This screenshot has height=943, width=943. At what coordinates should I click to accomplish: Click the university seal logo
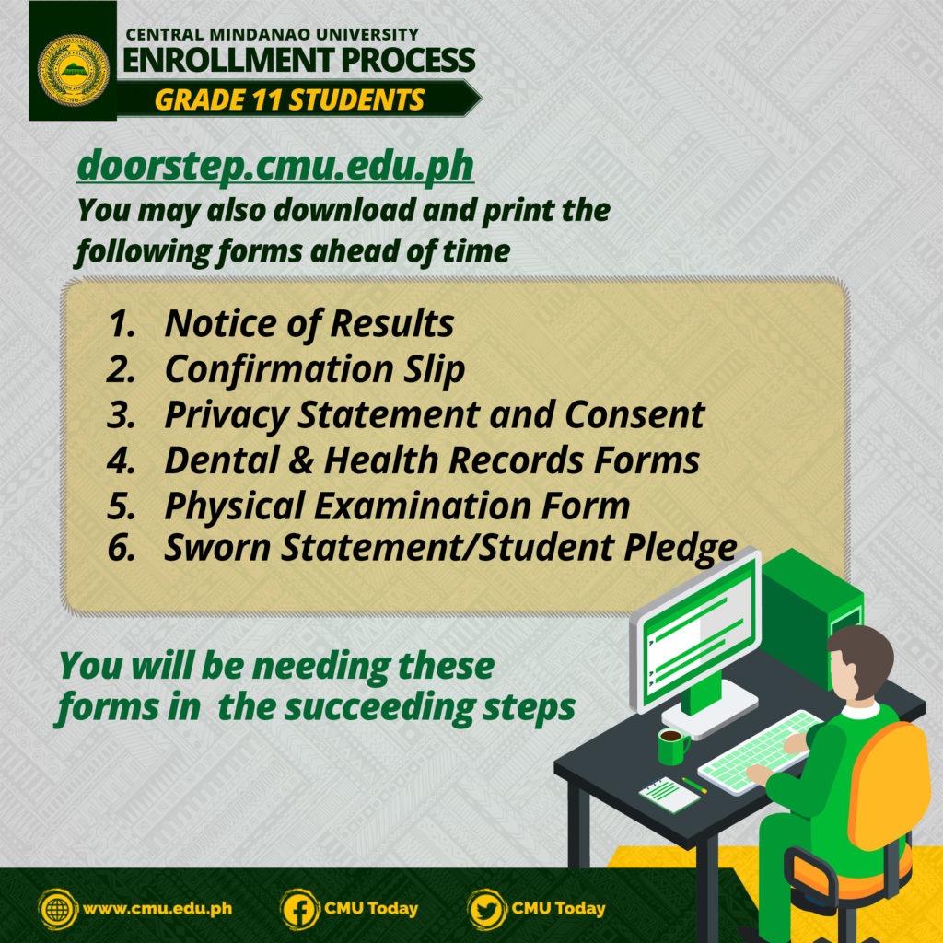point(74,70)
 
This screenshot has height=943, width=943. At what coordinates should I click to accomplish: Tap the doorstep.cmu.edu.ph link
point(275,165)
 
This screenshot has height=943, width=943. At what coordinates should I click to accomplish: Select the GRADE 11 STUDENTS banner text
point(289,99)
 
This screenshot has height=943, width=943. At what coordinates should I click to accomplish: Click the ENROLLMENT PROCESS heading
point(299,60)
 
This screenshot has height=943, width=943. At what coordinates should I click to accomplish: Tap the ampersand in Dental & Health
point(301,460)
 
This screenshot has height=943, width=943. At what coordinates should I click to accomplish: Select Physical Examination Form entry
point(397,506)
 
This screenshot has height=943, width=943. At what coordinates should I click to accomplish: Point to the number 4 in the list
point(120,460)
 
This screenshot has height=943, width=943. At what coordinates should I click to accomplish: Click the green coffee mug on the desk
point(673,746)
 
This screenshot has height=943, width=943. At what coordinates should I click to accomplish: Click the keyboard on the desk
point(759,751)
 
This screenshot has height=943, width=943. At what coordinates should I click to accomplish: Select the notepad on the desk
point(669,794)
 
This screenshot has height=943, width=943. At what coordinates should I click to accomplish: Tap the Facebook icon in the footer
point(299,909)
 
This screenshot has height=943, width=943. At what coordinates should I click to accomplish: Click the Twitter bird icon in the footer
point(486,909)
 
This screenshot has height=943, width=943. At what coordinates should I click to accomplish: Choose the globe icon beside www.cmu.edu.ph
point(58,909)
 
